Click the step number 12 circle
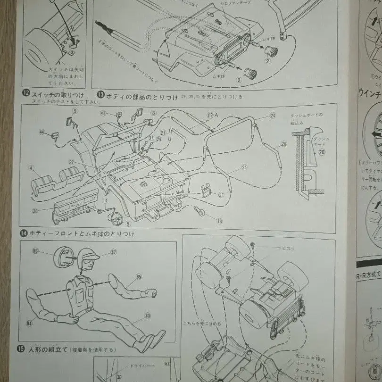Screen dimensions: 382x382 pyautogui.click(x=26, y=93)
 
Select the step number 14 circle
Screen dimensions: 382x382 pyautogui.click(x=24, y=233)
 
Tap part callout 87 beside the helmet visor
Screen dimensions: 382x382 pyautogui.click(x=113, y=252)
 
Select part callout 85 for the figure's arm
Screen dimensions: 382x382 pyautogui.click(x=138, y=277)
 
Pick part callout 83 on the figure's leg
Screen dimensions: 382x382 pyautogui.click(x=148, y=316)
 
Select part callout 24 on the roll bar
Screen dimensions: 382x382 pyautogui.click(x=273, y=115)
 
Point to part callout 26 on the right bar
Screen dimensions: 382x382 pyautogui.click(x=283, y=144)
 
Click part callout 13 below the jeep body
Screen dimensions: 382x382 pyautogui.click(x=219, y=221)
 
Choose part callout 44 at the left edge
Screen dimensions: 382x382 pyautogui.click(x=42, y=133)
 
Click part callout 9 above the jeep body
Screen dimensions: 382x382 pyautogui.click(x=75, y=110)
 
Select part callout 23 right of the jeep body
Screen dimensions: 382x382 pyautogui.click(x=221, y=194)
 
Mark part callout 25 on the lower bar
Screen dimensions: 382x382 pyautogui.click(x=244, y=167)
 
